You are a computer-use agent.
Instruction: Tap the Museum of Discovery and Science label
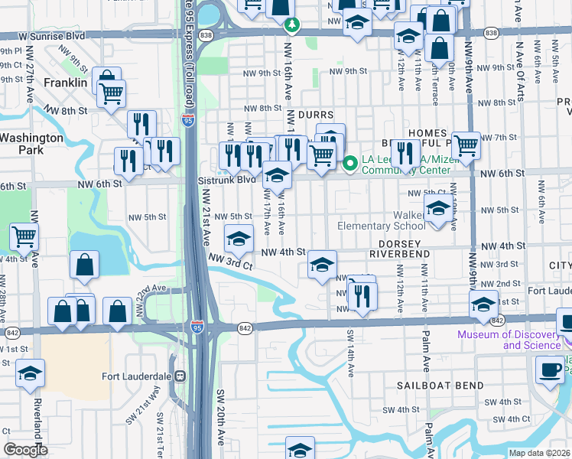511,340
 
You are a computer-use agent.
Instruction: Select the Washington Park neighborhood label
31,144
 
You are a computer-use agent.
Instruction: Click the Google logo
24,450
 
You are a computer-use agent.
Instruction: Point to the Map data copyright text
539,453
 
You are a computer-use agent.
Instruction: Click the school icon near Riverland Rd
30,373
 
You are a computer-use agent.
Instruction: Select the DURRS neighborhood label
316,114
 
